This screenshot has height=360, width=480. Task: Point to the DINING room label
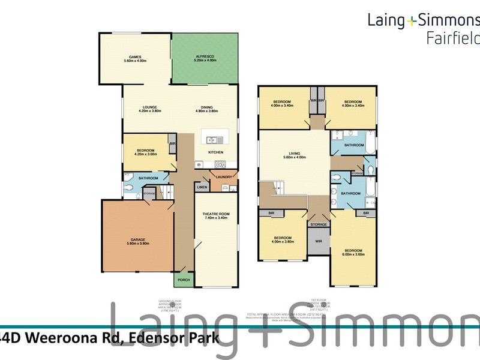206,109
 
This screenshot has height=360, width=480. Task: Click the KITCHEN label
216,152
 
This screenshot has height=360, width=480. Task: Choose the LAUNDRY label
224,177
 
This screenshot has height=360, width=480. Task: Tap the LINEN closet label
202,187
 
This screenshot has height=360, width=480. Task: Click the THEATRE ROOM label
216,217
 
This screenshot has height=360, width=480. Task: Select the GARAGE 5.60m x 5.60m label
137,241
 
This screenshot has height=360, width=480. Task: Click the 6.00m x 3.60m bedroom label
354,253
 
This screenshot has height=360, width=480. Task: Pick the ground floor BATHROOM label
148,178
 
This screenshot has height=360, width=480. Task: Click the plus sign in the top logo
411,21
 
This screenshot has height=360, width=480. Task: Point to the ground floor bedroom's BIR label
172,145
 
